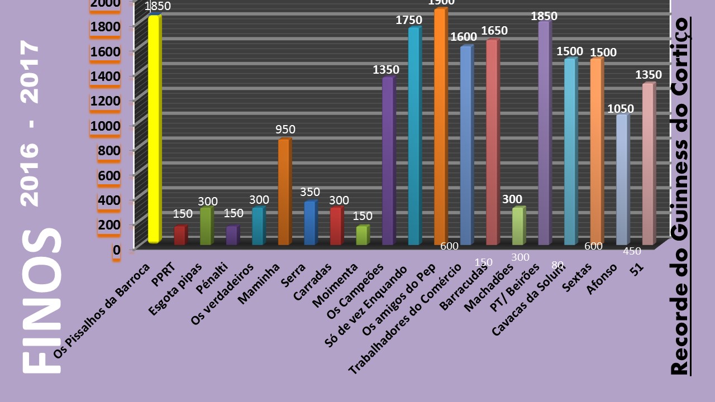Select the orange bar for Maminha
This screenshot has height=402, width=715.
[284, 192]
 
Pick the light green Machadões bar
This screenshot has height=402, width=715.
[518, 226]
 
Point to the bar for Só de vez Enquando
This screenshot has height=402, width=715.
[414, 136]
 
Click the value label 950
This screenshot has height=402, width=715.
[285, 130]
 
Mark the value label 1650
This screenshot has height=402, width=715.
[494, 31]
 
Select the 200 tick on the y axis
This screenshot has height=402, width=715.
[108, 225]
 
